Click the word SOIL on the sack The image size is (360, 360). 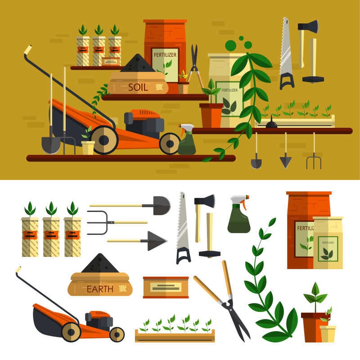point(138,87)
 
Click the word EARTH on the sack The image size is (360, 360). point(100,289)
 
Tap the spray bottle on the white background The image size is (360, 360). point(239,214)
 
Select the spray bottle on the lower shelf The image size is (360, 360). point(187,139)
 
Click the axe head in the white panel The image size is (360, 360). point(205,201)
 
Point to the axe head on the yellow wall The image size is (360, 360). point(308,26)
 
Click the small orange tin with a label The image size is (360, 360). point(166,288)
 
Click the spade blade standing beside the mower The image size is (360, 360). point(51,144)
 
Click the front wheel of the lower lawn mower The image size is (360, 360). point(117,334)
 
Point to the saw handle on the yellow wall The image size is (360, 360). point(287,81)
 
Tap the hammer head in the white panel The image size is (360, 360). point(210,254)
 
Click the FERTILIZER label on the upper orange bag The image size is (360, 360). point(165,55)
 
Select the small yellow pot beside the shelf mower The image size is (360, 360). point(88,148)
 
